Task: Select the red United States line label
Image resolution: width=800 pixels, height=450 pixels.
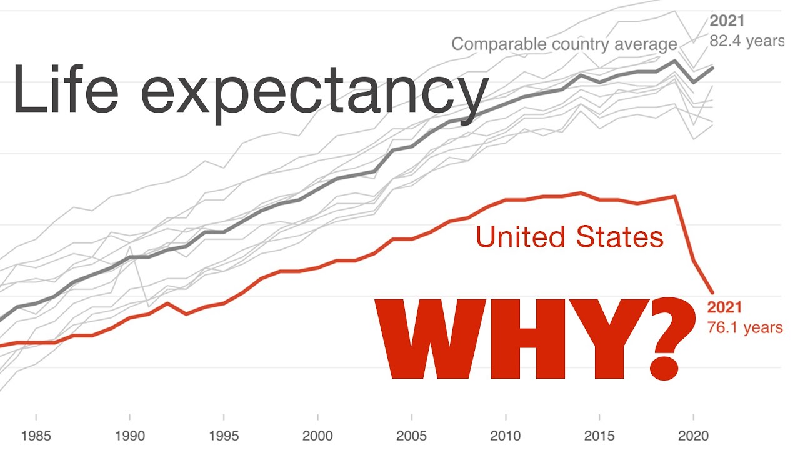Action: [569, 237]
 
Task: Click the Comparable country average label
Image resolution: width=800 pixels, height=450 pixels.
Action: [564, 44]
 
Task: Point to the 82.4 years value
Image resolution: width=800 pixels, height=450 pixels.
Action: [746, 41]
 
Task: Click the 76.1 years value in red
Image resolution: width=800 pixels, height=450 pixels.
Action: [744, 327]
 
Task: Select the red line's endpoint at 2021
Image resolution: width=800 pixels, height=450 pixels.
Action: [712, 292]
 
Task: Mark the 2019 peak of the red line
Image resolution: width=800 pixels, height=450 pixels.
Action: [675, 196]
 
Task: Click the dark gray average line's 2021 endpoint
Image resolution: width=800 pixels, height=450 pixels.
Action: [712, 67]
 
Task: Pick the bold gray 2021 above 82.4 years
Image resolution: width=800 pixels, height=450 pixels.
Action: [727, 21]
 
